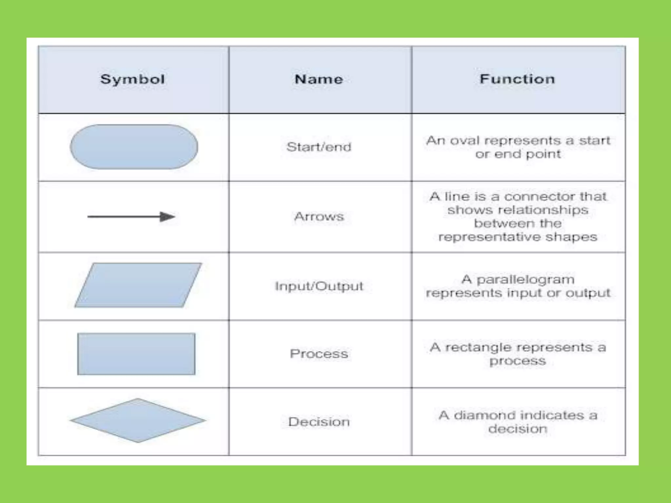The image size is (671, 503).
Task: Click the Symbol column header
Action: click(132, 79)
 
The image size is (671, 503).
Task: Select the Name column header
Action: click(319, 79)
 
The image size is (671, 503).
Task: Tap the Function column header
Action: click(517, 79)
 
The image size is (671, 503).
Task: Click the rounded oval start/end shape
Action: click(134, 147)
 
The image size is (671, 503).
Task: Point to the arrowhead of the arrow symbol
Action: click(167, 216)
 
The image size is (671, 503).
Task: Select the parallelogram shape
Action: click(138, 285)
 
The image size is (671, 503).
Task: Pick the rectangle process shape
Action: click(136, 354)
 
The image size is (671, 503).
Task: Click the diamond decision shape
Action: click(138, 420)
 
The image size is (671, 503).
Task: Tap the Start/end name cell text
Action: click(319, 147)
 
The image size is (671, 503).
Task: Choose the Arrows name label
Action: click(319, 216)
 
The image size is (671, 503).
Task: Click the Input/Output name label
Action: click(319, 286)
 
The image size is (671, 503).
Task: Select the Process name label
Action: click(319, 354)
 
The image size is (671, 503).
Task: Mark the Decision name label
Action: click(319, 422)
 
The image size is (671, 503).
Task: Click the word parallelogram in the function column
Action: click(525, 280)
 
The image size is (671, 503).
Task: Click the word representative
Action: click(489, 237)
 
